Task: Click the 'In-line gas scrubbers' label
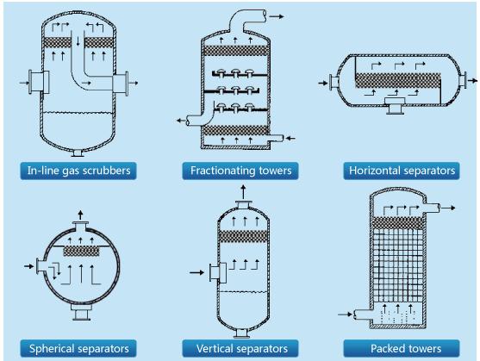(x=78, y=171)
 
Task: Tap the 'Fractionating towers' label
(x=240, y=171)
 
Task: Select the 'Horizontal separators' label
(x=402, y=171)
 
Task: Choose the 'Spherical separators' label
(x=78, y=348)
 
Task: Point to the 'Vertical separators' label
(x=240, y=348)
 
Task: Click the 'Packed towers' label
(x=402, y=348)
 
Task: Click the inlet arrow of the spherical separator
(x=28, y=266)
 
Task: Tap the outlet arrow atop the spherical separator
(x=80, y=215)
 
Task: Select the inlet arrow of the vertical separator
(x=196, y=272)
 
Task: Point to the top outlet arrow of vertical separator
(x=243, y=192)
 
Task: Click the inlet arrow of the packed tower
(x=345, y=314)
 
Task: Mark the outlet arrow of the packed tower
(x=448, y=208)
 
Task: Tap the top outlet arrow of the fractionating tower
(x=277, y=16)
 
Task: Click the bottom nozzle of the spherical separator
(x=81, y=312)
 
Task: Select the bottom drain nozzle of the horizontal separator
(x=395, y=106)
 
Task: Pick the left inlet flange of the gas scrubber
(x=39, y=82)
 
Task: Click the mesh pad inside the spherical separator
(x=81, y=252)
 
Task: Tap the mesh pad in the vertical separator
(x=244, y=236)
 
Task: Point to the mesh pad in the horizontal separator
(x=398, y=80)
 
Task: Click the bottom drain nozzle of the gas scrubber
(x=78, y=153)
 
